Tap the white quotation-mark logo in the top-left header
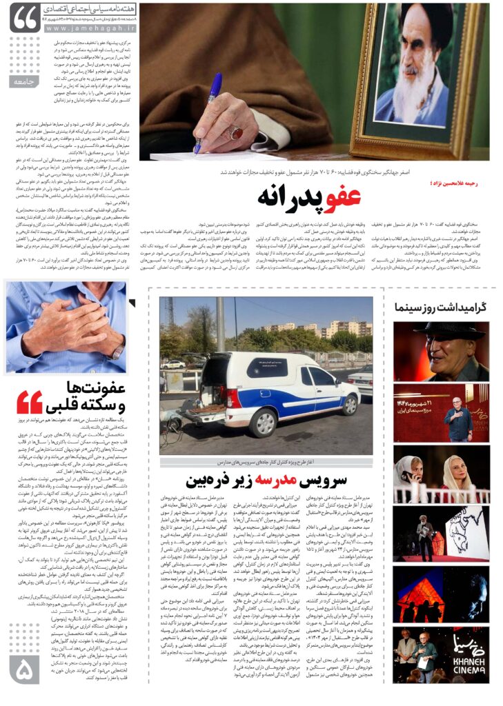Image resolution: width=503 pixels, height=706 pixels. point(26,19)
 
